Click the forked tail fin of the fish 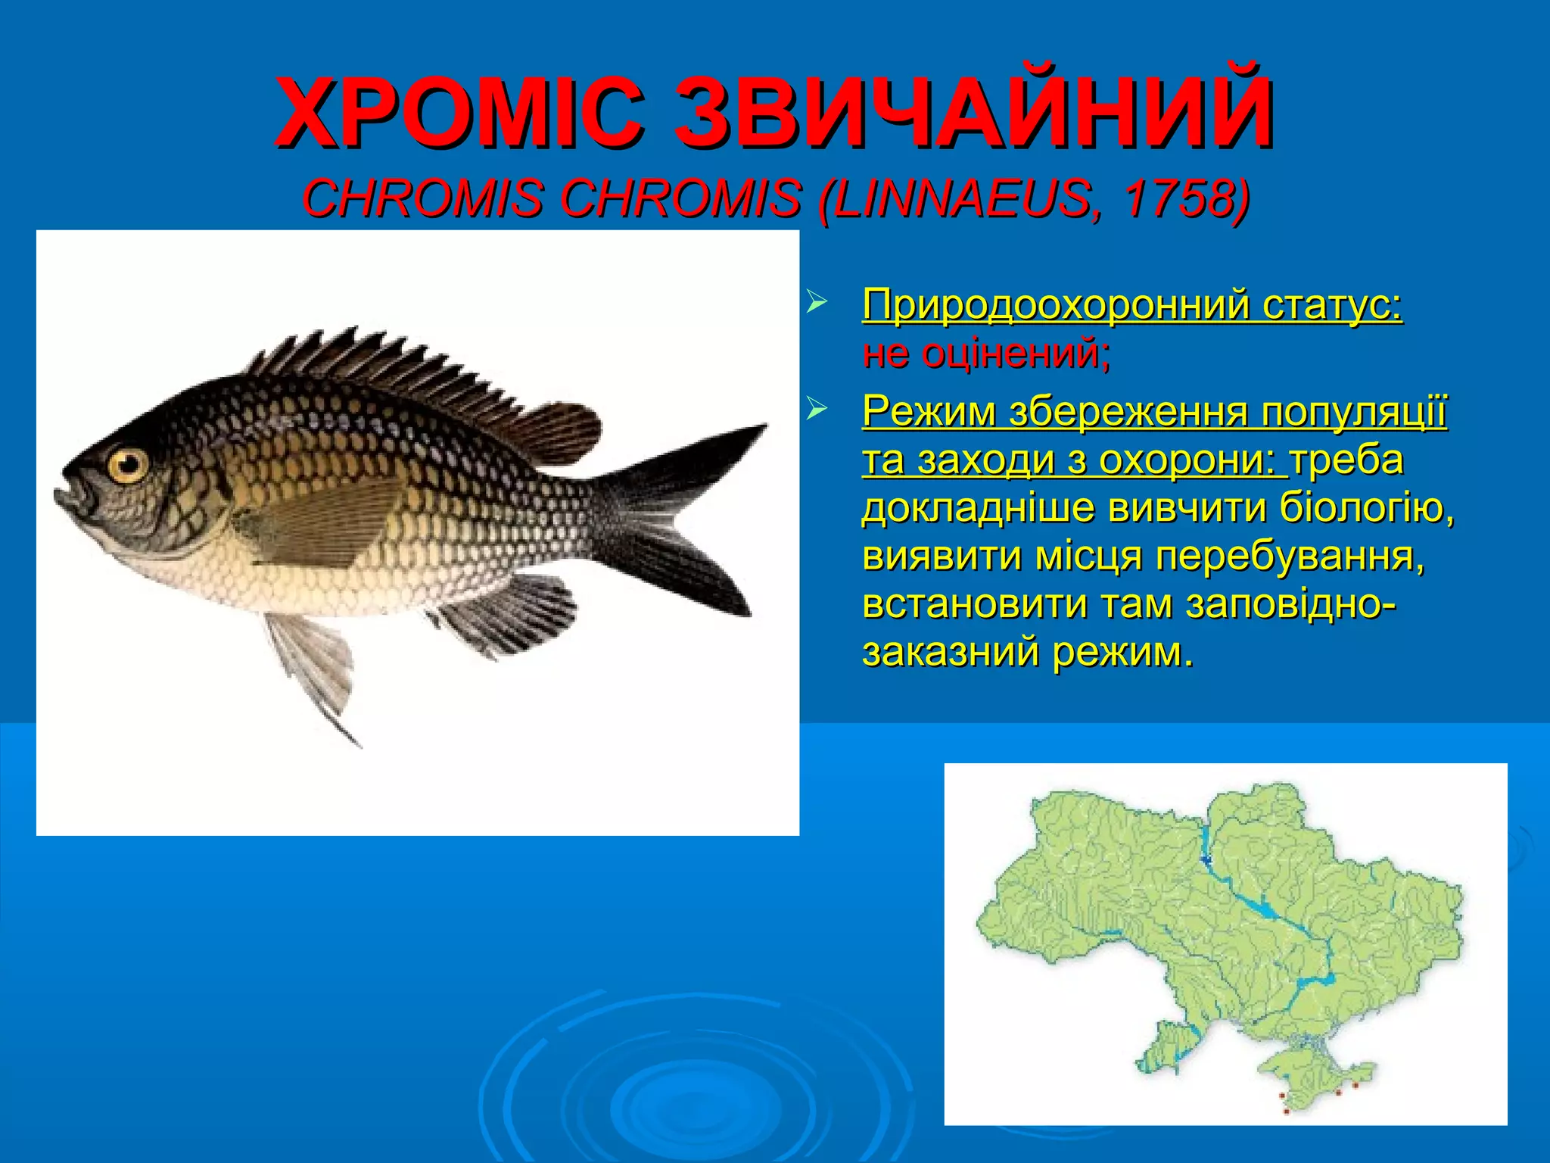point(681,515)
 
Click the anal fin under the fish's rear point(507,613)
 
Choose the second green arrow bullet point(815,410)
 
